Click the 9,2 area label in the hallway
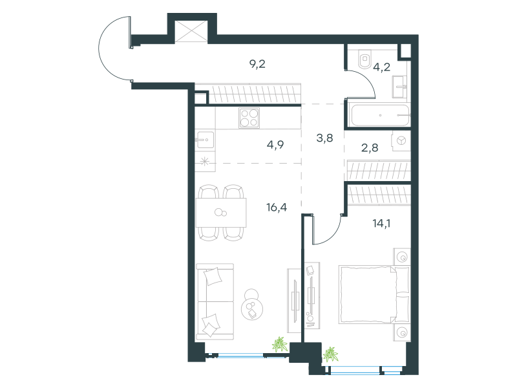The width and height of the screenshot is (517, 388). pos(257,64)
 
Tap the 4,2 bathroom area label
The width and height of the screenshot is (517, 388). pos(381,67)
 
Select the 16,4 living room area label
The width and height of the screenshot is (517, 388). pos(277,207)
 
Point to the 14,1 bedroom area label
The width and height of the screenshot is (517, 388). pos(381,223)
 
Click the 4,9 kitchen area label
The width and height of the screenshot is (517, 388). pos(275,144)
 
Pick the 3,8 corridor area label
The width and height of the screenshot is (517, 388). pos(324,138)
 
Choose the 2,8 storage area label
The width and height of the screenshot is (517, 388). pos(370,147)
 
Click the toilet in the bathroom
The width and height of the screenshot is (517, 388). pos(364,59)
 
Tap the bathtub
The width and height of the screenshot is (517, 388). pos(380,116)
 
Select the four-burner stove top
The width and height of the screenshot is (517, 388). pos(249,118)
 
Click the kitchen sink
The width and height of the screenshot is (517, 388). pos(204,140)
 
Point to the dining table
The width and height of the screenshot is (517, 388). pos(221,213)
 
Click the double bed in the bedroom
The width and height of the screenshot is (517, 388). pos(374,294)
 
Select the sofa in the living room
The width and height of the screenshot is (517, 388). pos(215,301)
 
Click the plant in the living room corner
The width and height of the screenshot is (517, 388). pos(280,345)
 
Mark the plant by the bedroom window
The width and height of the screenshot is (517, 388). pos(330,354)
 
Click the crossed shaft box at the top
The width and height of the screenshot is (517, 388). pos(191,31)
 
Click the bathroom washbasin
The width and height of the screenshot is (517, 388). pos(399,87)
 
